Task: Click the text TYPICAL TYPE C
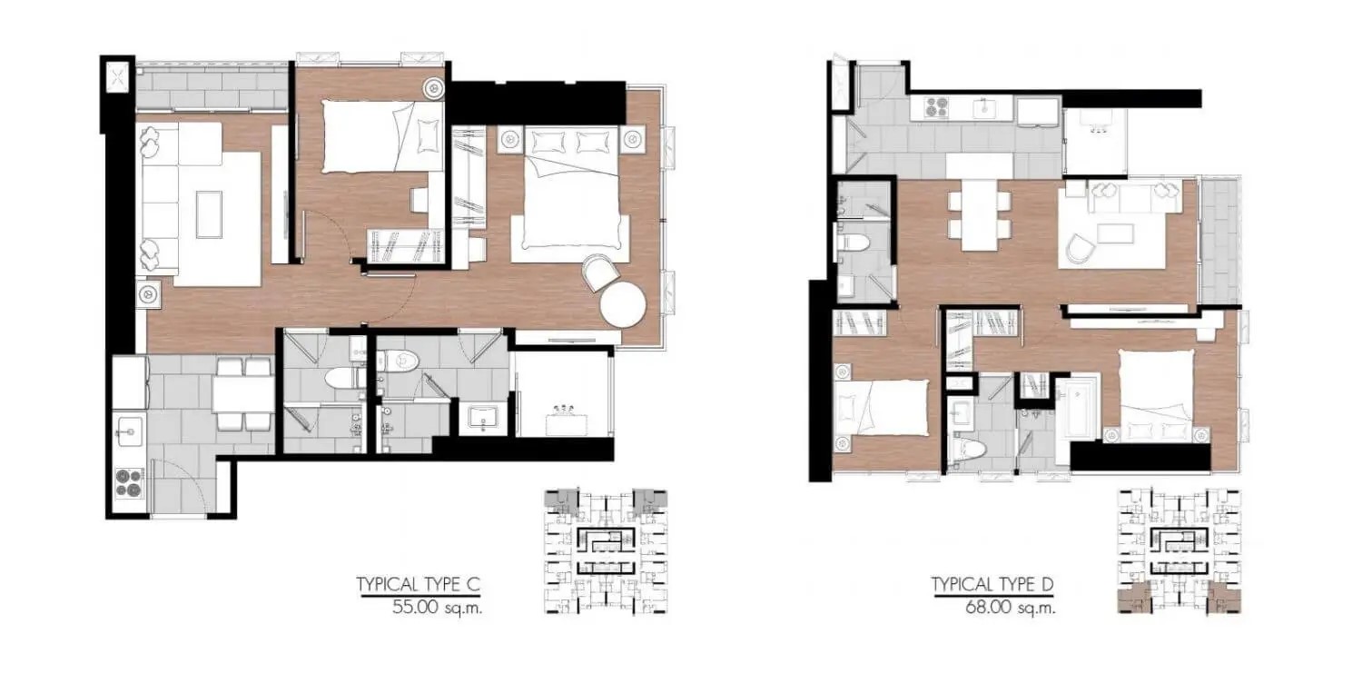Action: [419, 585]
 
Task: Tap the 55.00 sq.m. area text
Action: [437, 607]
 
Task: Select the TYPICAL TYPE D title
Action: [992, 585]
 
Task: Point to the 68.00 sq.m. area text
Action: [1010, 607]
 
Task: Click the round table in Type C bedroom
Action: [623, 306]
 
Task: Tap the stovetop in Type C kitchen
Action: [130, 482]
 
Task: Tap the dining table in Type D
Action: [979, 214]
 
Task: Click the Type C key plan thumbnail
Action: [606, 551]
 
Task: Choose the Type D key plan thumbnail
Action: [1179, 551]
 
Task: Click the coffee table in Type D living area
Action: [1115, 233]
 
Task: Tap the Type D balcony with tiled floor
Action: [1219, 241]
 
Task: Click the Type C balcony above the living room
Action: [211, 89]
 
